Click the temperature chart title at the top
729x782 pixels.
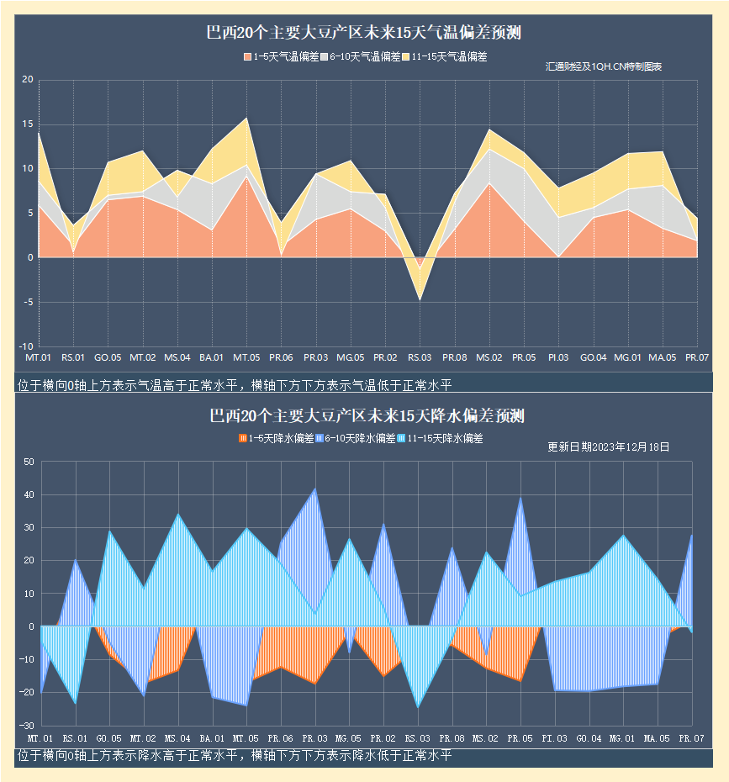364,34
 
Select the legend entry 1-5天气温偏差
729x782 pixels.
281,57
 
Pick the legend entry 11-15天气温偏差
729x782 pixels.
444,57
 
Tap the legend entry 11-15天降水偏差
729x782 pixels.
438,439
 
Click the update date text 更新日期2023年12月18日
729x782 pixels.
608,447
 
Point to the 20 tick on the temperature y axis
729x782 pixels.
27,81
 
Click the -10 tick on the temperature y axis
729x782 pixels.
25,346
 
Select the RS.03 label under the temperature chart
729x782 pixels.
420,358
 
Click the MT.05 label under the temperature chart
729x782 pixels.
246,358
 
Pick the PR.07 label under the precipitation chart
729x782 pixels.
691,738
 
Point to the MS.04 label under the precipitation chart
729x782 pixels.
177,738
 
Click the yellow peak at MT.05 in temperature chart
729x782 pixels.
246,119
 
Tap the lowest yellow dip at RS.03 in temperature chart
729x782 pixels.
420,299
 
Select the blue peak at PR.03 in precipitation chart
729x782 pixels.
315,489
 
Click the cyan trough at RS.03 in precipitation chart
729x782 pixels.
418,706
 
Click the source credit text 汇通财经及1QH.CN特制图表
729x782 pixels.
603,66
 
